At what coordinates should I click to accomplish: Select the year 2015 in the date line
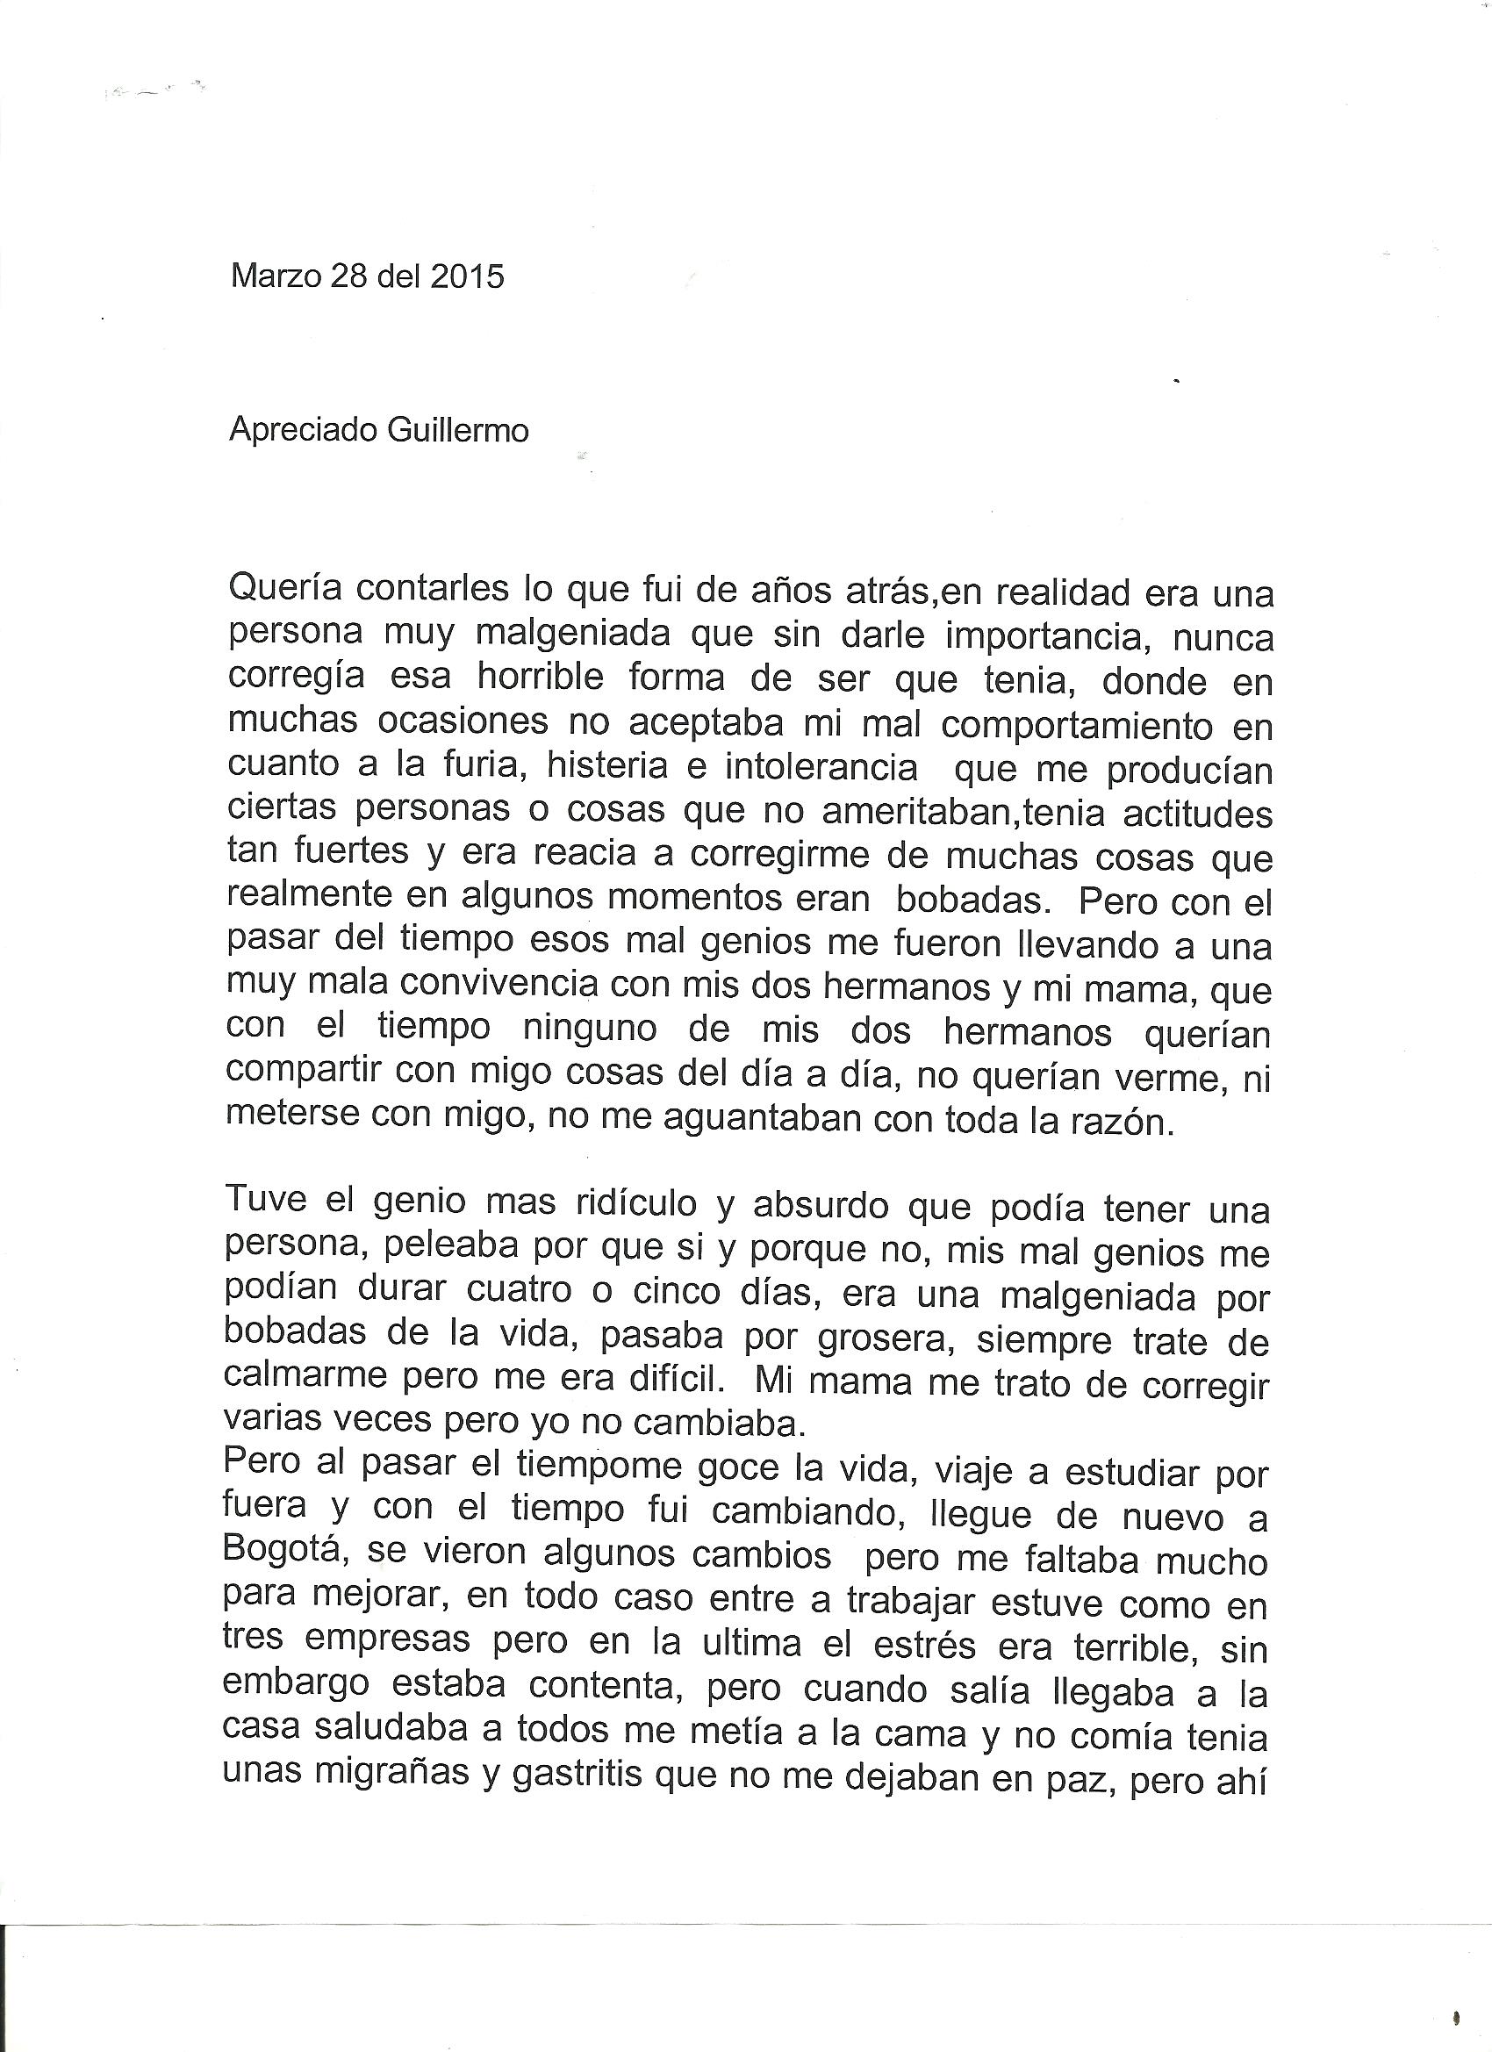467,275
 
